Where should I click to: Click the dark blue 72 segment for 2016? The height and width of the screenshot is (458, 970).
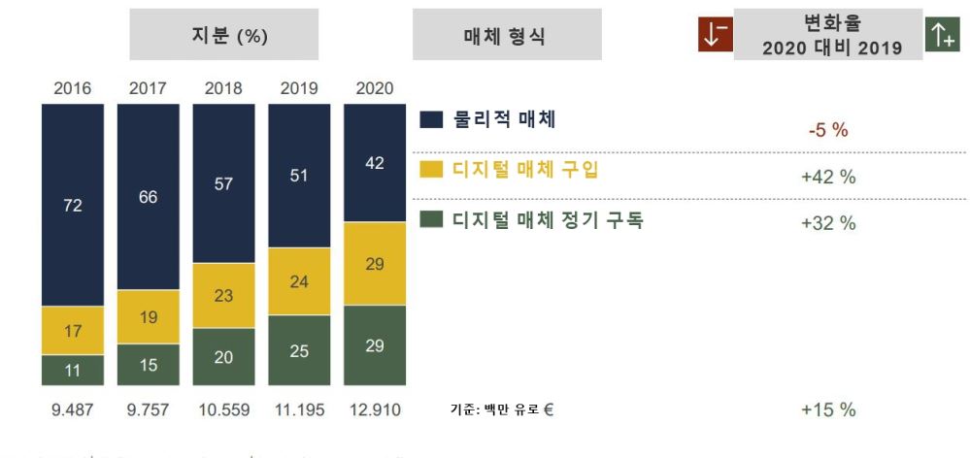[x=72, y=205]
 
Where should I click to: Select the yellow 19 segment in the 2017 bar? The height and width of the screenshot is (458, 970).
[x=148, y=316]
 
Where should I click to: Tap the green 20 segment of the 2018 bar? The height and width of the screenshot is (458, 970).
[x=223, y=356]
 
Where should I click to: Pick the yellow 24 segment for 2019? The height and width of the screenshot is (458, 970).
[x=299, y=281]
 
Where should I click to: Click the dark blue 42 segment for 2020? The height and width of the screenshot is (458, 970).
[x=375, y=163]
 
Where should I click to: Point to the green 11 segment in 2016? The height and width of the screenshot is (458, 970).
[x=72, y=370]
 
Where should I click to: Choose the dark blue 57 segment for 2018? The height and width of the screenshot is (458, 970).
[x=223, y=183]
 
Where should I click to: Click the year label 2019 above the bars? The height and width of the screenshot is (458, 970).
[x=299, y=88]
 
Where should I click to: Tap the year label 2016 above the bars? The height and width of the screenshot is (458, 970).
[x=72, y=88]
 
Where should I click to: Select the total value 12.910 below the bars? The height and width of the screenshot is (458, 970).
[x=375, y=409]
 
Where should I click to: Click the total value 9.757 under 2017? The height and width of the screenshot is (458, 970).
[x=148, y=409]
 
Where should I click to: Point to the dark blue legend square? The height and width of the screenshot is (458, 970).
[x=432, y=120]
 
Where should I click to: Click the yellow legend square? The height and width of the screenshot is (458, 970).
[x=432, y=170]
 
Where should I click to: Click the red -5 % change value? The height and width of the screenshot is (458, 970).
[x=827, y=131]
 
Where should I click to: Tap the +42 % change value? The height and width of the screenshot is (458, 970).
[x=827, y=178]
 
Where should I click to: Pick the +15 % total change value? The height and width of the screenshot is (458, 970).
[x=827, y=409]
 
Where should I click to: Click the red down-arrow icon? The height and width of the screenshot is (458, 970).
[x=714, y=34]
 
